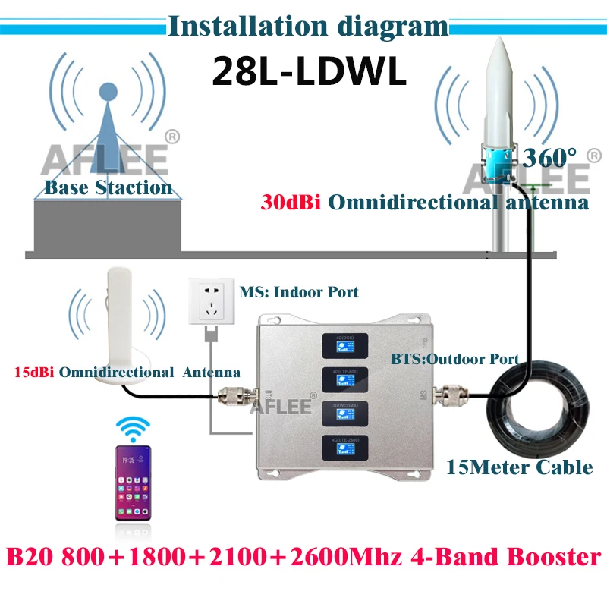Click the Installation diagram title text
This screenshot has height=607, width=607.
click(x=307, y=27)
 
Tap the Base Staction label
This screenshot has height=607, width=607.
click(x=109, y=187)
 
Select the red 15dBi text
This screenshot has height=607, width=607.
click(x=38, y=373)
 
